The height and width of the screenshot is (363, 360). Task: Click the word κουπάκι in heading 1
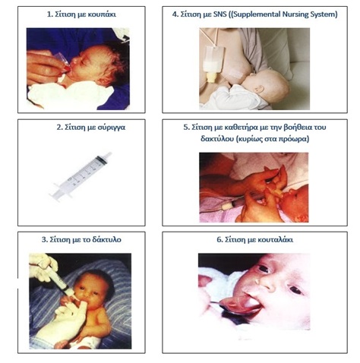(102, 14)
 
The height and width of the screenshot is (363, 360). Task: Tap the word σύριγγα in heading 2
(112, 127)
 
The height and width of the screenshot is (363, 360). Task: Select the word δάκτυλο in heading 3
(107, 239)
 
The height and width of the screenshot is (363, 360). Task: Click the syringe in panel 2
(81, 176)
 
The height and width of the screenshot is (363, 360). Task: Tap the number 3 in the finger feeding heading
(43, 239)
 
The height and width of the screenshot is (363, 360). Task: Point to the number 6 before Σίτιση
(219, 239)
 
